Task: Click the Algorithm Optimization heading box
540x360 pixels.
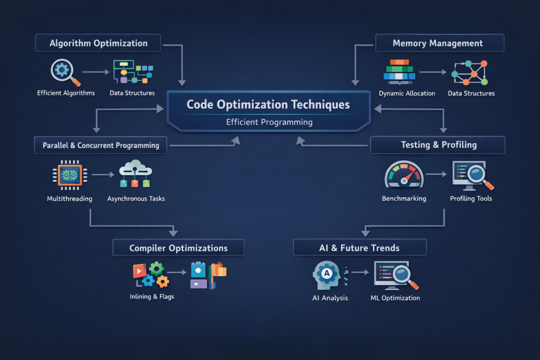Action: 98,43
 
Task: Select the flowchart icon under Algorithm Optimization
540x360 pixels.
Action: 132,72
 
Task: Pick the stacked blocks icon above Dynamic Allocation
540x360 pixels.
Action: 400,72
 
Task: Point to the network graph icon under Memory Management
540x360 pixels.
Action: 469,72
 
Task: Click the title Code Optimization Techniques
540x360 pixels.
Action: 268,104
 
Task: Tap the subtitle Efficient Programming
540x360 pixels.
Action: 269,122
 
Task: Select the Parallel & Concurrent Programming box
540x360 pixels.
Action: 100,145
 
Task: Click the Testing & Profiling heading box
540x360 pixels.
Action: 438,144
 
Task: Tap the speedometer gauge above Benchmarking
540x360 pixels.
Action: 404,174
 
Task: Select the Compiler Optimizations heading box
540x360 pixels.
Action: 178,248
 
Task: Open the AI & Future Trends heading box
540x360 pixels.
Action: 359,248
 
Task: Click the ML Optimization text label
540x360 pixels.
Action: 395,298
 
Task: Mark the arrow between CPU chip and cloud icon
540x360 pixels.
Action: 103,174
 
